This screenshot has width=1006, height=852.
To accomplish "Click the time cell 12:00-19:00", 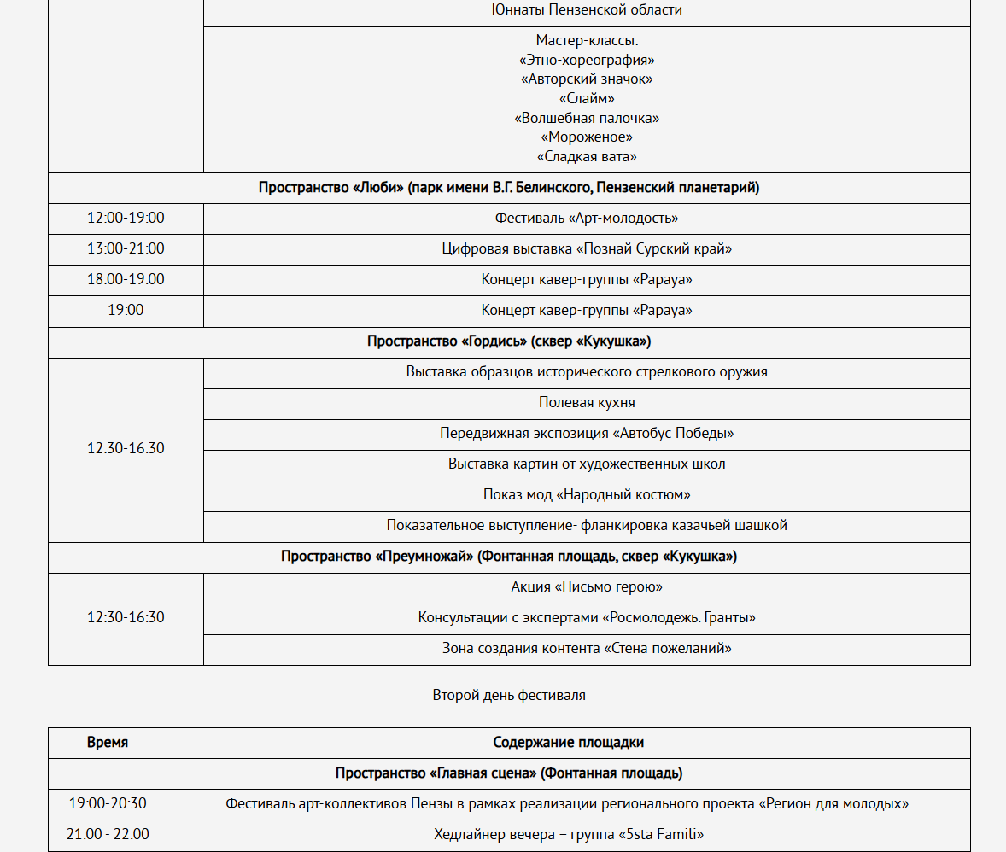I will (x=126, y=218).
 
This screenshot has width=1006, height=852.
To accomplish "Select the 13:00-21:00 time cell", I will (x=126, y=248).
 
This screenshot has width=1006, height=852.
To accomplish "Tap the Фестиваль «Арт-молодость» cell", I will (x=587, y=218).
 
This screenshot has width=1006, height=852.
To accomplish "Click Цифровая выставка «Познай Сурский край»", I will (x=587, y=248).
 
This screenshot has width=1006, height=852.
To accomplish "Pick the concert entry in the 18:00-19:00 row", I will (x=587, y=279).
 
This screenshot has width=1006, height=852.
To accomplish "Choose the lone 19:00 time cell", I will (x=126, y=310).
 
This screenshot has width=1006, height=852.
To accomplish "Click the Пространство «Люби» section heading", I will (x=509, y=187).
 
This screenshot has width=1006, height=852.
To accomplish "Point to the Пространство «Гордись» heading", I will (x=509, y=341).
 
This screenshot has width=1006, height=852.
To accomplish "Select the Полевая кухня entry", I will (x=587, y=402).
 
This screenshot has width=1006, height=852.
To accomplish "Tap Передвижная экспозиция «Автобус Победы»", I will (x=587, y=433).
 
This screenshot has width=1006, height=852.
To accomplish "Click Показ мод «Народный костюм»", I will (x=587, y=494).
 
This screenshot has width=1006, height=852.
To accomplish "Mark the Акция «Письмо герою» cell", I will (x=587, y=586).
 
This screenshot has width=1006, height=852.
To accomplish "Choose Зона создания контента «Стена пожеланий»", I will (x=587, y=648).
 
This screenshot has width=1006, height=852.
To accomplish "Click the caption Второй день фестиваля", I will (x=509, y=695).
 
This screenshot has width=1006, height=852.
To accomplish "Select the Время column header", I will (x=108, y=743).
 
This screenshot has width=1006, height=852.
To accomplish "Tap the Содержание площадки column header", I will (x=569, y=743).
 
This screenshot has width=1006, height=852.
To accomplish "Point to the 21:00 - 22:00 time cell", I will (x=108, y=834).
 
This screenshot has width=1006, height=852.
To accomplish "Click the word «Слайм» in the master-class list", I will (x=587, y=98).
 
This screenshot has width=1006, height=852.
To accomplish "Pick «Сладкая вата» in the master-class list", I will (x=587, y=156).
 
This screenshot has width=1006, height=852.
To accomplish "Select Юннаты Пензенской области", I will (x=587, y=10).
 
